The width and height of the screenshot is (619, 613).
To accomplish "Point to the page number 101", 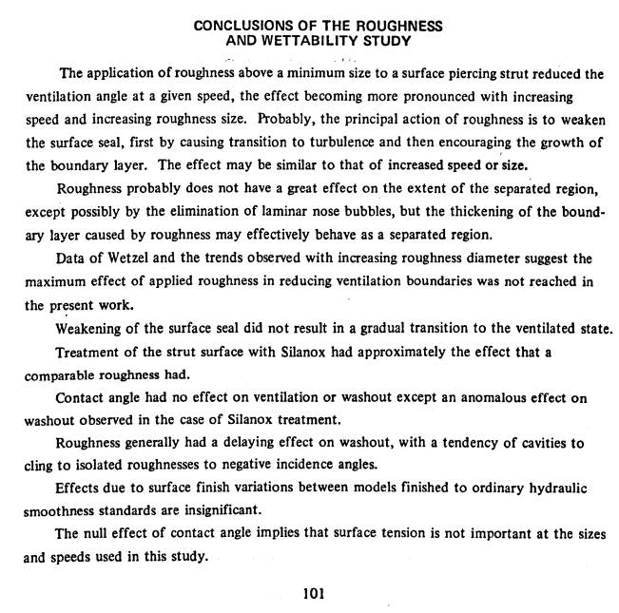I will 315,595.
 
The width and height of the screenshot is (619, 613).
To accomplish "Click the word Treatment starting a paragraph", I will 88,353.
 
